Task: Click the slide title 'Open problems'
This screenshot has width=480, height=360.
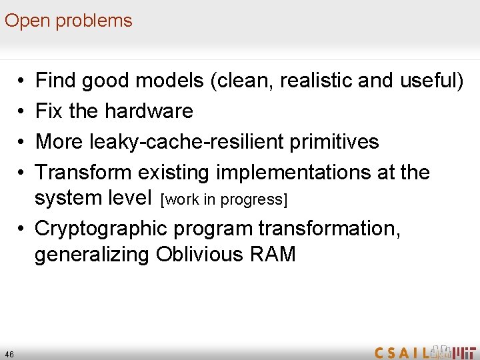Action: point(69,21)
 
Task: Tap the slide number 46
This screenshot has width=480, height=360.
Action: point(9,353)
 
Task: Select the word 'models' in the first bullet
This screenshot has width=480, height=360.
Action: point(169,81)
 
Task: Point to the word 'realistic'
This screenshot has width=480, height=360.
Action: point(316,81)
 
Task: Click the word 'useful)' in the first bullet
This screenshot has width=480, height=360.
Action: point(431,81)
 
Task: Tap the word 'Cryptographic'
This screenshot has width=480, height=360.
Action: point(101,228)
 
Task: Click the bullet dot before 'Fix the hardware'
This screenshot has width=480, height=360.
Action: point(23,111)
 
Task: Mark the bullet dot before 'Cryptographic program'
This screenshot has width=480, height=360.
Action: point(23,228)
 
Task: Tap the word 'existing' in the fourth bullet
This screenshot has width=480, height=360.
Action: point(174,172)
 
